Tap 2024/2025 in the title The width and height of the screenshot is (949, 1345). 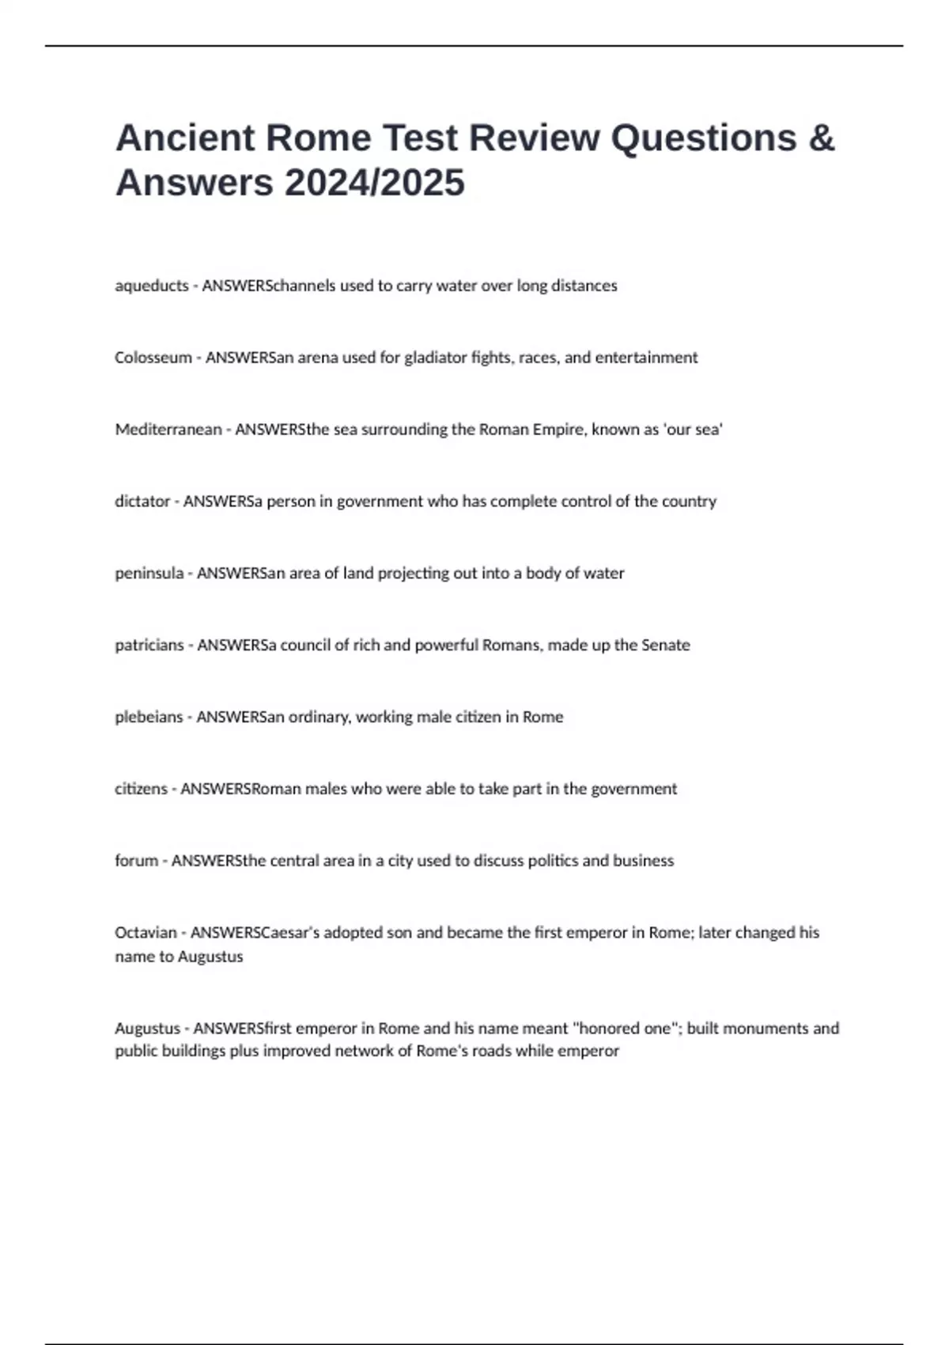click(374, 184)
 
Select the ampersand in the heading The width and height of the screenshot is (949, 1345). click(822, 138)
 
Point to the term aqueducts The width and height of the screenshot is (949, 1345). click(152, 286)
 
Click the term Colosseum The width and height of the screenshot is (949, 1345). click(153, 358)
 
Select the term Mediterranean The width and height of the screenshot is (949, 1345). click(168, 430)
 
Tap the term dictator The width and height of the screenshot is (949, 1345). click(142, 502)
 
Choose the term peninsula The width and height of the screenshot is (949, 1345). click(149, 574)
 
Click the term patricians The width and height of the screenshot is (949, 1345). click(149, 646)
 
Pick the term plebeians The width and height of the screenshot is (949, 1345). click(149, 718)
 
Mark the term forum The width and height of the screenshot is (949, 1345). click(136, 861)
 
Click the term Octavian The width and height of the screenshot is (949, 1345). click(146, 933)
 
